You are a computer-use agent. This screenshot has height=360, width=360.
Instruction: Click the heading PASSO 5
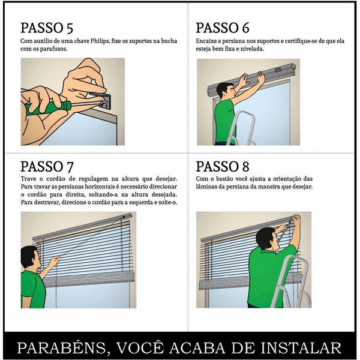(47, 28)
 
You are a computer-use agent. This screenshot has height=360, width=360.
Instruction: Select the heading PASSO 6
(222, 28)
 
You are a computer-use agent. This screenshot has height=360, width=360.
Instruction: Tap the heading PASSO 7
(47, 166)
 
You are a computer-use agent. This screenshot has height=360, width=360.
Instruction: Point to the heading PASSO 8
(222, 166)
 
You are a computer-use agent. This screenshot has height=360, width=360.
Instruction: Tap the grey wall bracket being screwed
(104, 101)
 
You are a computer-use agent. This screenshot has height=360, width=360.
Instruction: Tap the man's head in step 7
(31, 257)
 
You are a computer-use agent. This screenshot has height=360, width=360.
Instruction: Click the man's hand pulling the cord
(55, 261)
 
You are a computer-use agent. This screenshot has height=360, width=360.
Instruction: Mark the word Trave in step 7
(28, 179)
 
